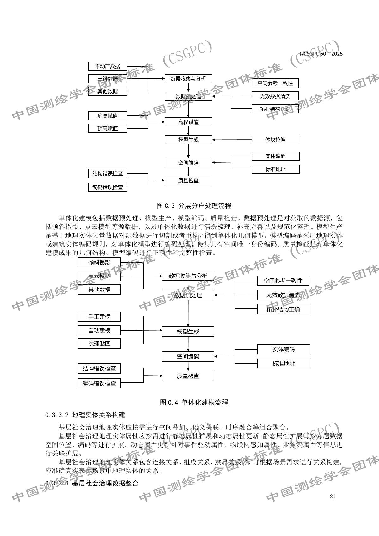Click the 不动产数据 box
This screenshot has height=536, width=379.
(x=107, y=66)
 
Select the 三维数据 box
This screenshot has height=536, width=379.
(x=107, y=79)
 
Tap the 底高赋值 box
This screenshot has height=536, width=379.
(x=107, y=116)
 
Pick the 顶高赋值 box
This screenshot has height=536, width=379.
(x=107, y=128)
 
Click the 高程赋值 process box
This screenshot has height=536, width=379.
(x=188, y=122)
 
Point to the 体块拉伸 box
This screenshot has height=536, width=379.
(x=275, y=139)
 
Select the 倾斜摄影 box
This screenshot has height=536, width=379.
(x=99, y=262)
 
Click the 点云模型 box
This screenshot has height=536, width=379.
(x=99, y=276)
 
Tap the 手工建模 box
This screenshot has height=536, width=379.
(x=99, y=316)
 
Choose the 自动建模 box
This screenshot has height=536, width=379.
(x=99, y=331)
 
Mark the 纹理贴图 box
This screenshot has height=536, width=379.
(x=99, y=344)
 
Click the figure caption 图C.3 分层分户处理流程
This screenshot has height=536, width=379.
(x=194, y=206)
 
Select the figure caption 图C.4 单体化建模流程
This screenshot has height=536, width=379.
(x=194, y=402)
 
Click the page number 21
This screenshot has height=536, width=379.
(x=332, y=496)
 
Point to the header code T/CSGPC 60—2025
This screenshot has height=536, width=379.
(x=321, y=54)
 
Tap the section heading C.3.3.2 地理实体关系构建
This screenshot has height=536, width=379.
(x=85, y=415)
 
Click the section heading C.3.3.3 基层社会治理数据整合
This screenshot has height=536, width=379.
(x=92, y=483)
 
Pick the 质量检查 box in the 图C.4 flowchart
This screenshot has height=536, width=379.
(x=188, y=376)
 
